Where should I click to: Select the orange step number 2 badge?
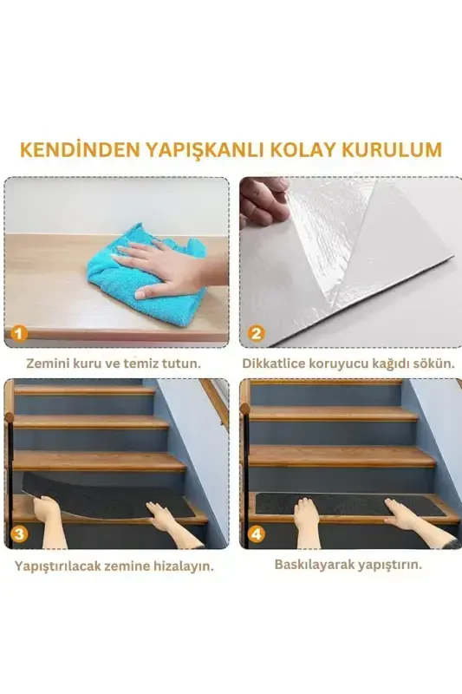tap(256, 333)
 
